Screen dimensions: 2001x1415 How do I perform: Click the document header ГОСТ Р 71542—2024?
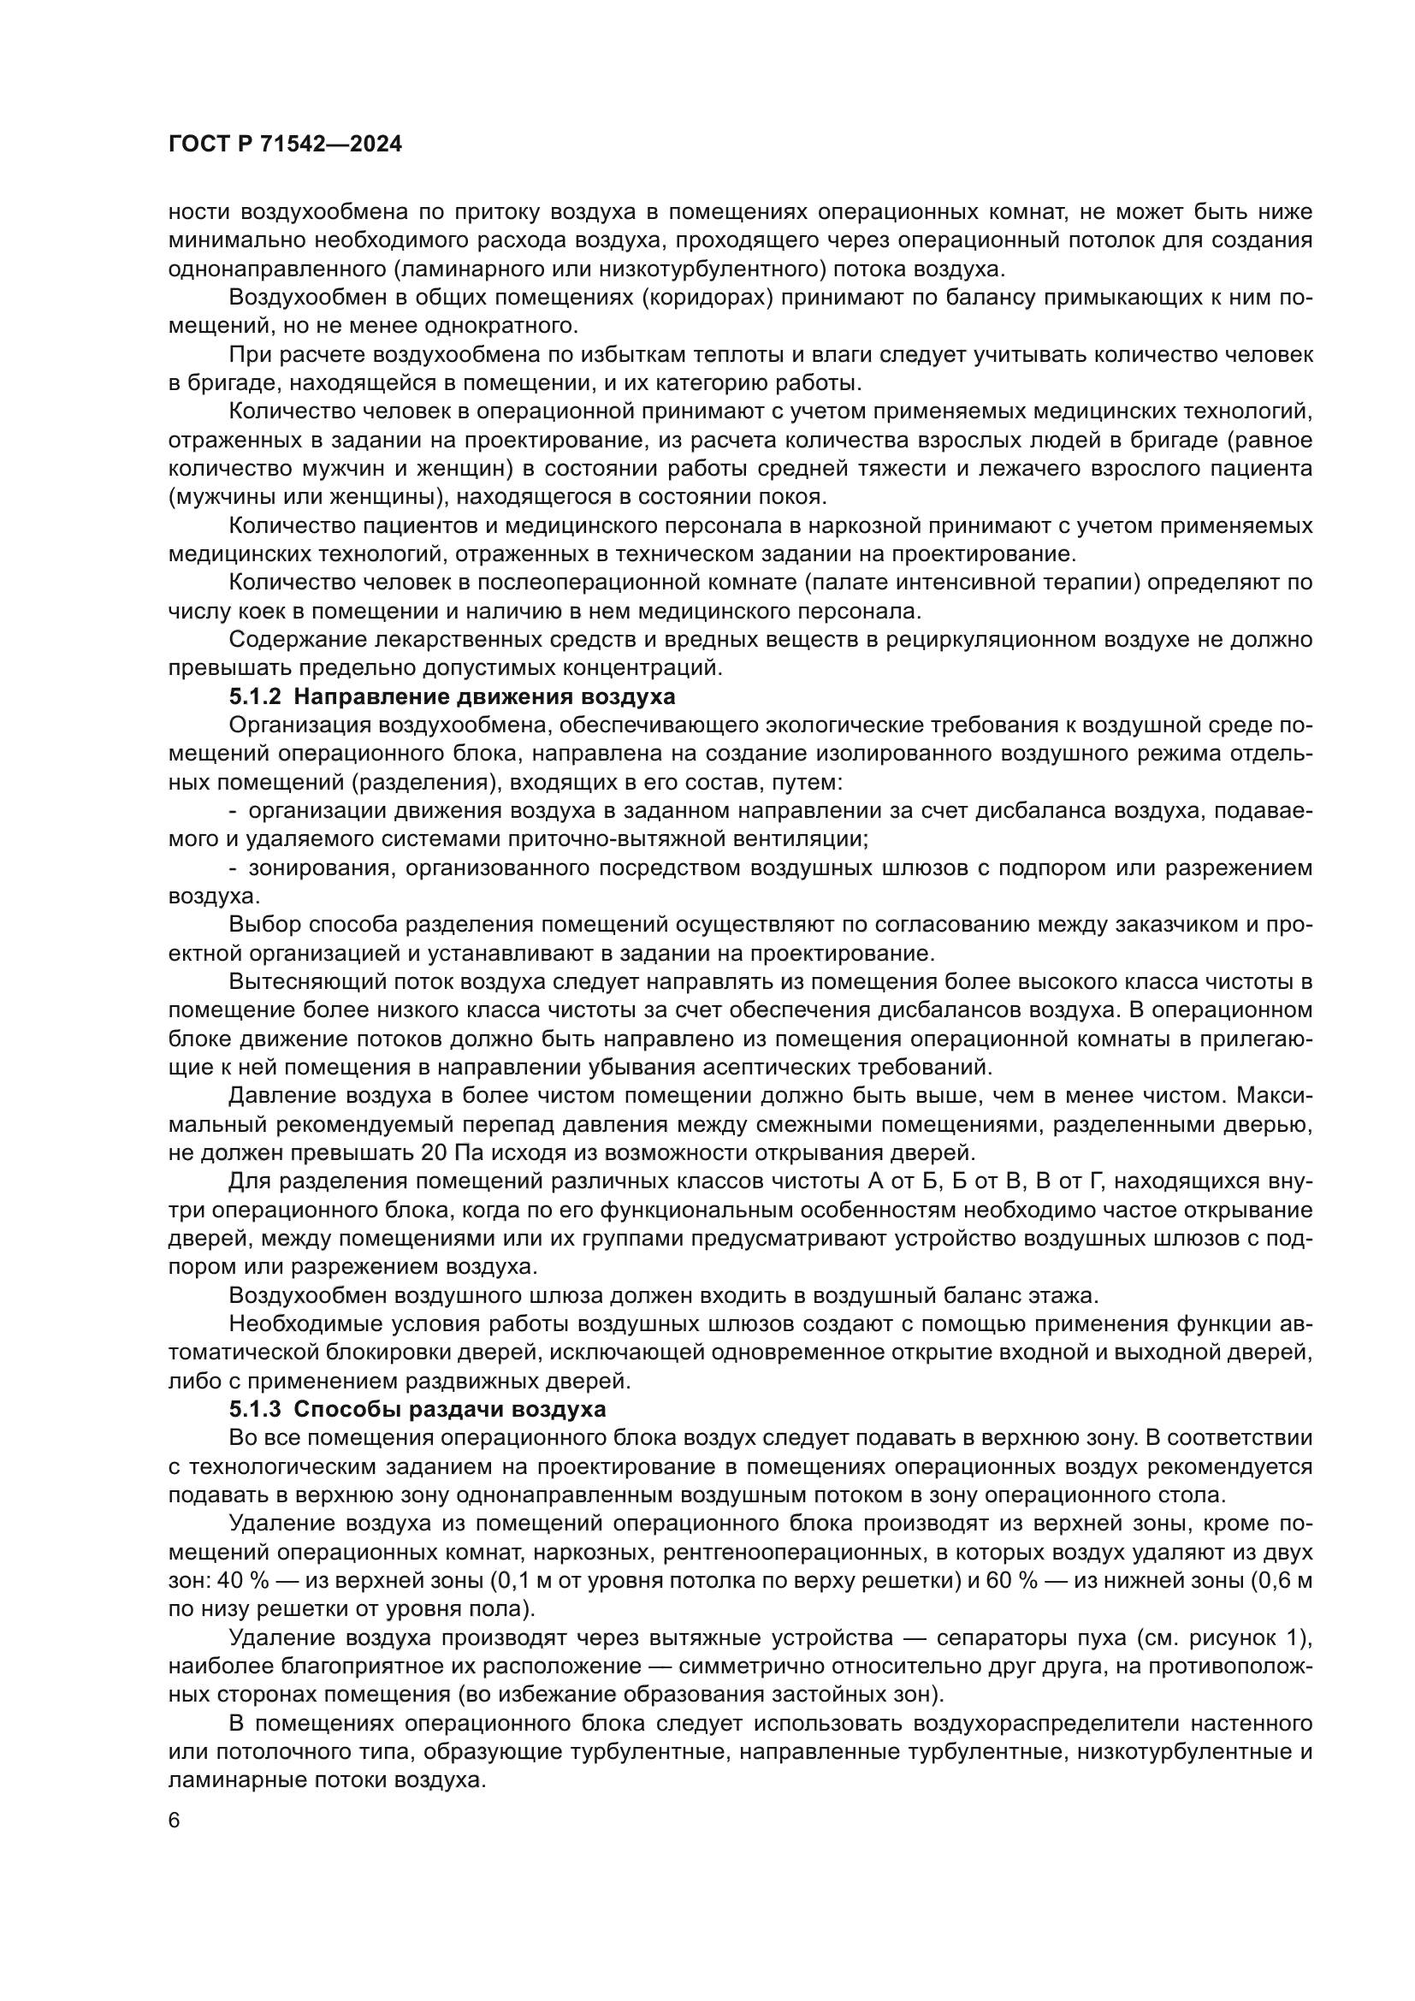click(286, 145)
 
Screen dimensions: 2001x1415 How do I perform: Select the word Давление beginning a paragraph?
click(280, 1097)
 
